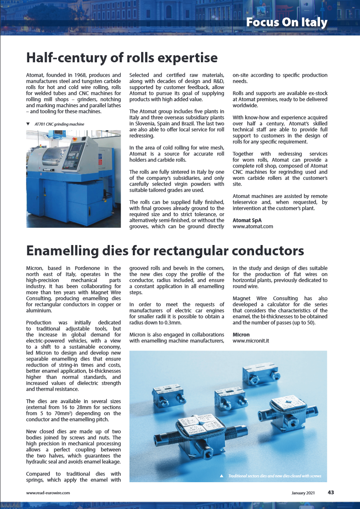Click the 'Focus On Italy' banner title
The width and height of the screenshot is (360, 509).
tap(287, 22)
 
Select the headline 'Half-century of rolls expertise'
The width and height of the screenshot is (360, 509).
tap(122, 57)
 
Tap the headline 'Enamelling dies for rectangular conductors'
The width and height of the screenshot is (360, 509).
tap(165, 250)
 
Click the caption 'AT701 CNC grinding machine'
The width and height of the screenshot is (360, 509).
tap(59, 124)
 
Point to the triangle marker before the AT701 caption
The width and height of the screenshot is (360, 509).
tap(28, 124)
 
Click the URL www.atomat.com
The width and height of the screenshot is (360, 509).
tap(253, 226)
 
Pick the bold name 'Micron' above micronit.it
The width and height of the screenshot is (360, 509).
tap(241, 335)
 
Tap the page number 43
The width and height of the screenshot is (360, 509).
tap(331, 492)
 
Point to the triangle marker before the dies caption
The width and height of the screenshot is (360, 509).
tap(221, 476)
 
